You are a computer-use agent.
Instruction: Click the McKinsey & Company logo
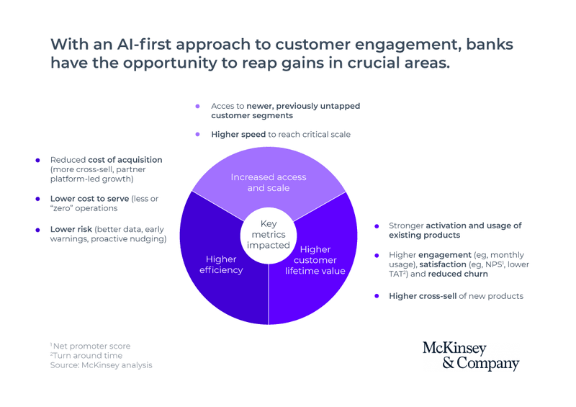471,356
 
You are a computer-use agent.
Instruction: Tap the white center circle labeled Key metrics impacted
269,234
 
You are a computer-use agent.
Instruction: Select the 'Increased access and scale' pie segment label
269,182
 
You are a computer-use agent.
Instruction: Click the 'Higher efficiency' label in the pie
220,264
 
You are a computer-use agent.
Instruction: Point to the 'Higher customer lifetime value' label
315,260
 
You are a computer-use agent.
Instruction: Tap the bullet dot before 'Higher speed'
198,134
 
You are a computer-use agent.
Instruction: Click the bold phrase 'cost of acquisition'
125,160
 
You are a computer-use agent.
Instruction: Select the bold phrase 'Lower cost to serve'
89,199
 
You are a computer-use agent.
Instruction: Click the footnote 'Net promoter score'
91,346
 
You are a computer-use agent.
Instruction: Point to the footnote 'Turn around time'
87,355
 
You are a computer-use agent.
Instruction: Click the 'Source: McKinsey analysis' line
101,365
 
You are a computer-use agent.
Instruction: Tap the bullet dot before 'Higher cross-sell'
377,296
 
